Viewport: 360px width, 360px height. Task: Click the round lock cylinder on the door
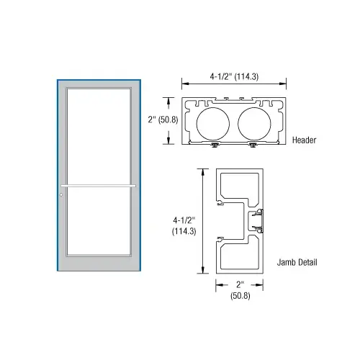63,194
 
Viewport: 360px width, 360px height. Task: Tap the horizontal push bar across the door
100,186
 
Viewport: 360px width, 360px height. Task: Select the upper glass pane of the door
100,137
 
